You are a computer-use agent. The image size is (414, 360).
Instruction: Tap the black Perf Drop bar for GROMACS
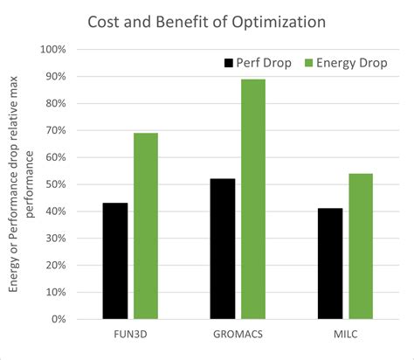pyautogui.click(x=223, y=248)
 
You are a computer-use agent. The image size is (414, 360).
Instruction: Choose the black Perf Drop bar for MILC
pyautogui.click(x=330, y=263)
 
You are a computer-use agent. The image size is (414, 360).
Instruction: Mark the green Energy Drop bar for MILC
pyautogui.click(x=361, y=246)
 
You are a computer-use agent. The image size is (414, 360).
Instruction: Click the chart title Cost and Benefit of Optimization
pyautogui.click(x=207, y=20)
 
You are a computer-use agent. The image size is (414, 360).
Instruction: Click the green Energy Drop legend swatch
pyautogui.click(x=308, y=63)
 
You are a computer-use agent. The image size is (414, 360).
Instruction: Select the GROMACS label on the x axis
pyautogui.click(x=238, y=334)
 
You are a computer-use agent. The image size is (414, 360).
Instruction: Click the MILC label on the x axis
pyautogui.click(x=346, y=334)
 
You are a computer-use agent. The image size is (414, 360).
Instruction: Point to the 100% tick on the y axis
pyautogui.click(x=53, y=49)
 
